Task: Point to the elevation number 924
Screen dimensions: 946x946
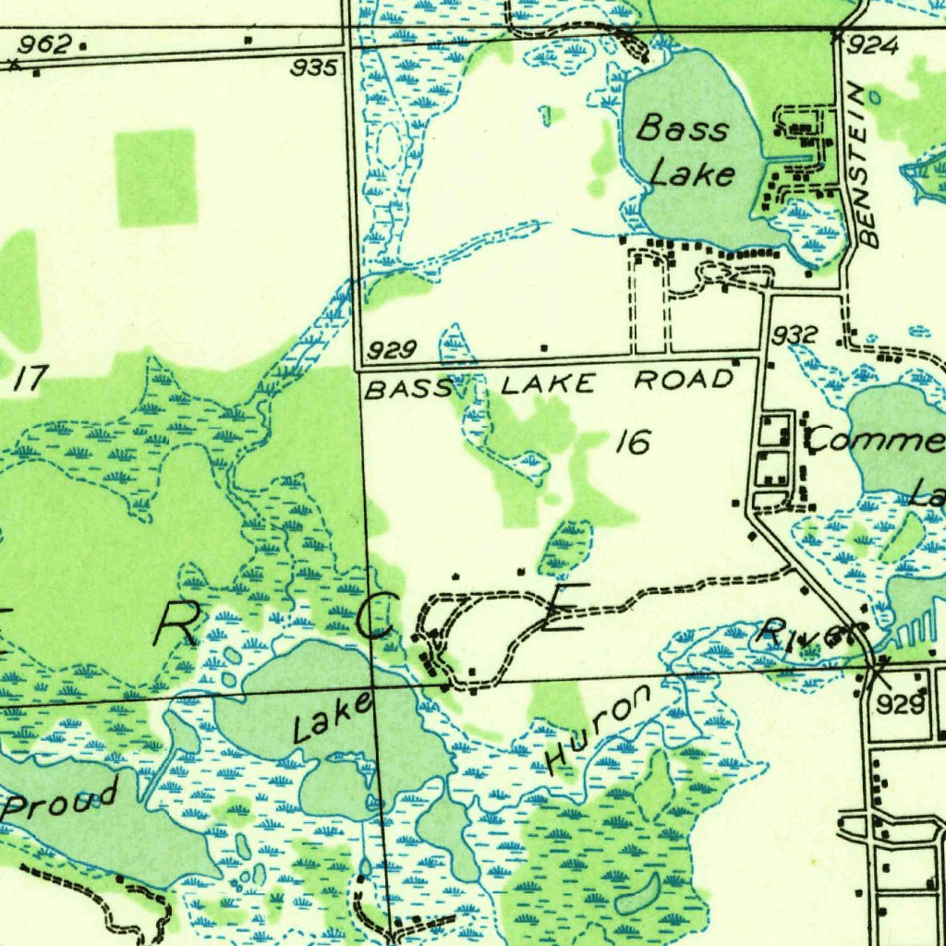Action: click(x=872, y=45)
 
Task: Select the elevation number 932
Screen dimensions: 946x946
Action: click(x=794, y=334)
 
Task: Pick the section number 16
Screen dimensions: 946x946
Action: click(x=633, y=443)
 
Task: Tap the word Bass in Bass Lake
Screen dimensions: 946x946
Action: click(x=682, y=127)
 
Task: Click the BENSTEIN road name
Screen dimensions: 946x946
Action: click(x=867, y=166)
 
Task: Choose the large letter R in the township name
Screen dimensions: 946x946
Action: click(x=179, y=629)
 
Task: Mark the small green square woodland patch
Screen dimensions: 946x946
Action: click(x=155, y=177)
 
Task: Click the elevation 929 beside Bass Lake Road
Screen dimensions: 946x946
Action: click(x=391, y=350)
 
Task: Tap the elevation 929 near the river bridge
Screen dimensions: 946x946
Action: click(x=901, y=705)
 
